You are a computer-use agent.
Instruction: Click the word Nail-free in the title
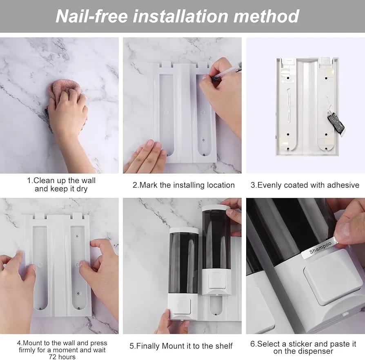[92, 16]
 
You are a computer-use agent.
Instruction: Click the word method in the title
[266, 16]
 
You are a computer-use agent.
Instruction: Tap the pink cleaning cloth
[64, 90]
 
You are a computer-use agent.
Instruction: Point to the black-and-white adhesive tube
[336, 123]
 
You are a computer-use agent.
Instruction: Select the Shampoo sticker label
[320, 248]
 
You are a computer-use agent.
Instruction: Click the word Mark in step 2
[149, 185]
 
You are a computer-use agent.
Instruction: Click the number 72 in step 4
[52, 357]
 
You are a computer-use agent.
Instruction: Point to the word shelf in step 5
[223, 346]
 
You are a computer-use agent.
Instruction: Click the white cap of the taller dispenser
[216, 208]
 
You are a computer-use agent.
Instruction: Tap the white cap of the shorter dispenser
[184, 230]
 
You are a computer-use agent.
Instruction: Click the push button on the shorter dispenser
[182, 306]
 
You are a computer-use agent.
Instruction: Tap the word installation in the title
[180, 16]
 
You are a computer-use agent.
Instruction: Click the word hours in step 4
[67, 357]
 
